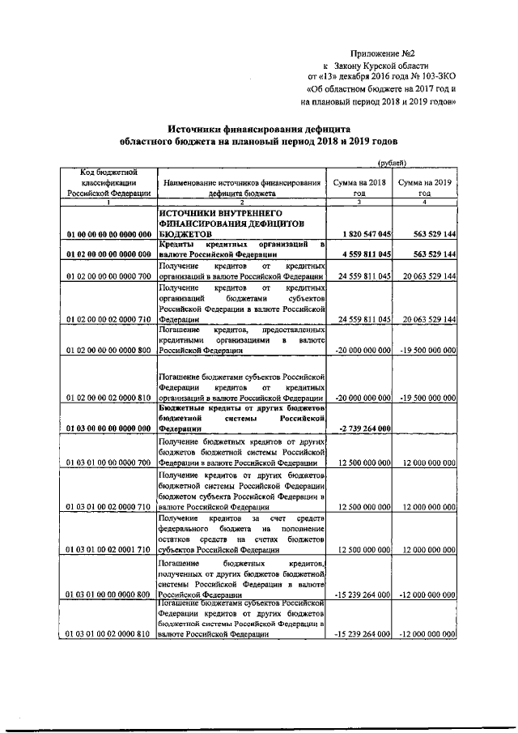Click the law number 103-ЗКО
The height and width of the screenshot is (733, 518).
point(437,77)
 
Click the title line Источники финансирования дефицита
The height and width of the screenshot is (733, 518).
point(258,127)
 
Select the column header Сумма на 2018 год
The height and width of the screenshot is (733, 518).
point(359,188)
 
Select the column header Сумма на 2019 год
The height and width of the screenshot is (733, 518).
point(425,188)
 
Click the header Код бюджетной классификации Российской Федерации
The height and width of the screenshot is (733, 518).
point(108,183)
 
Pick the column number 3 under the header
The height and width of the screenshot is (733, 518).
point(359,202)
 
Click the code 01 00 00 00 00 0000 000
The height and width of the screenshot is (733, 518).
point(108,234)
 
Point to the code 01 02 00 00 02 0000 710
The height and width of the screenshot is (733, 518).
point(108,320)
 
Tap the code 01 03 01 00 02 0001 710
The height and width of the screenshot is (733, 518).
point(108,549)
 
